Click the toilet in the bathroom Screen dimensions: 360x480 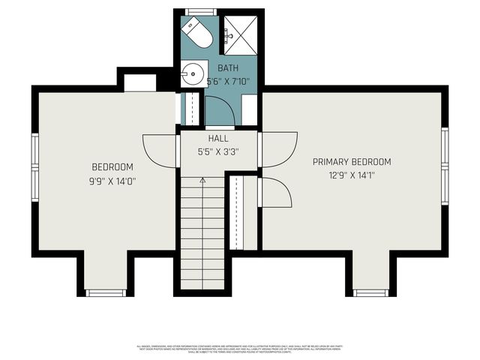(199, 34)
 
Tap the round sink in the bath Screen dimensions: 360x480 (193, 74)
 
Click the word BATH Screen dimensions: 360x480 (228, 68)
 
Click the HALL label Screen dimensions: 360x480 (218, 139)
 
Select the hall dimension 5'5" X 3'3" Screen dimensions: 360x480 (218, 151)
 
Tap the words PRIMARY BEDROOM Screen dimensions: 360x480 (352, 162)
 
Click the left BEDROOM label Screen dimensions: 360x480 (112, 167)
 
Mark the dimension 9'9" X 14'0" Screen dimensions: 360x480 (112, 181)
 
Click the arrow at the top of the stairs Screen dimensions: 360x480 (202, 180)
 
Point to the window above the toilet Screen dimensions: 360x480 (200, 11)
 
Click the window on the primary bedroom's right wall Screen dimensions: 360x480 (445, 165)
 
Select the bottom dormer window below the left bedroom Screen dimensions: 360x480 (105, 292)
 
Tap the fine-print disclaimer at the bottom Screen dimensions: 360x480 (240, 349)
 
